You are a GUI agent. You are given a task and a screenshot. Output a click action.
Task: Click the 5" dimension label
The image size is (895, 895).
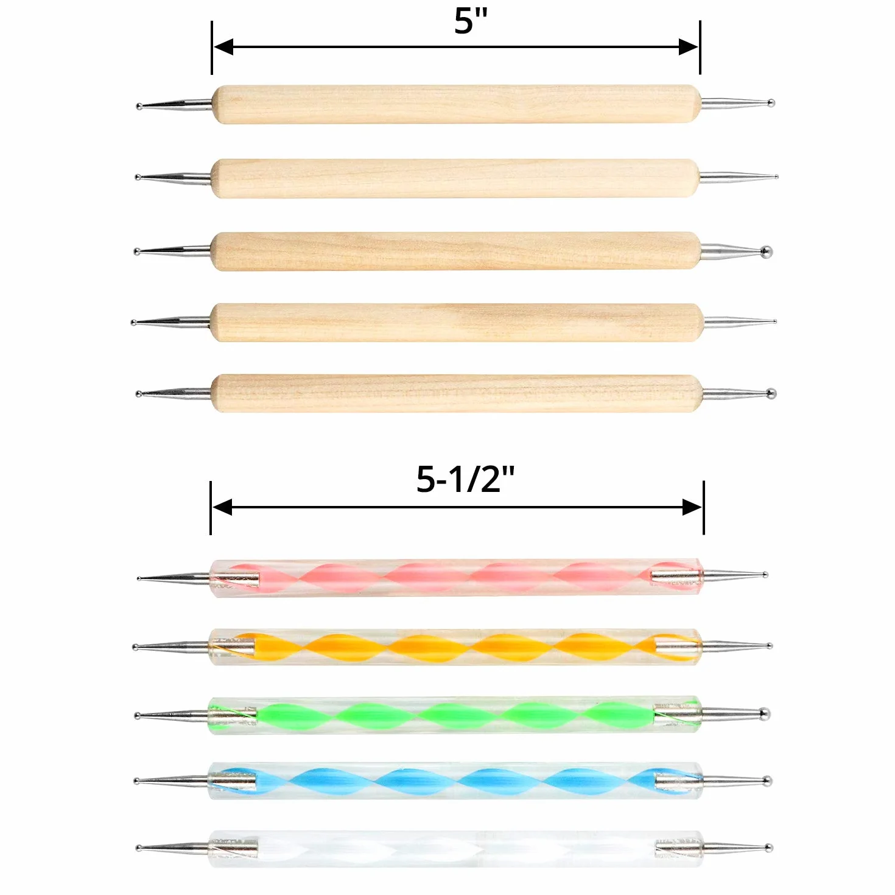coord(471,21)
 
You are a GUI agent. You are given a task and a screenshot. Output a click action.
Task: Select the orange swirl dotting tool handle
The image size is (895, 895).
coord(455,647)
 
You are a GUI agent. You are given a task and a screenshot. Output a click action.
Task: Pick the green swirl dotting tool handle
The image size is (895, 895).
coord(455,715)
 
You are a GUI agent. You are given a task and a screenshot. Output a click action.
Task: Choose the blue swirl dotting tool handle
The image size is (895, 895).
coord(455,781)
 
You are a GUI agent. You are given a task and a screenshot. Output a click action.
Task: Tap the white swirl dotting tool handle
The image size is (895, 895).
coord(456,849)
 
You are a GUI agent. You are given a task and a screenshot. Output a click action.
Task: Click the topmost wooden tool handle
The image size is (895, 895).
coord(457,104)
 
